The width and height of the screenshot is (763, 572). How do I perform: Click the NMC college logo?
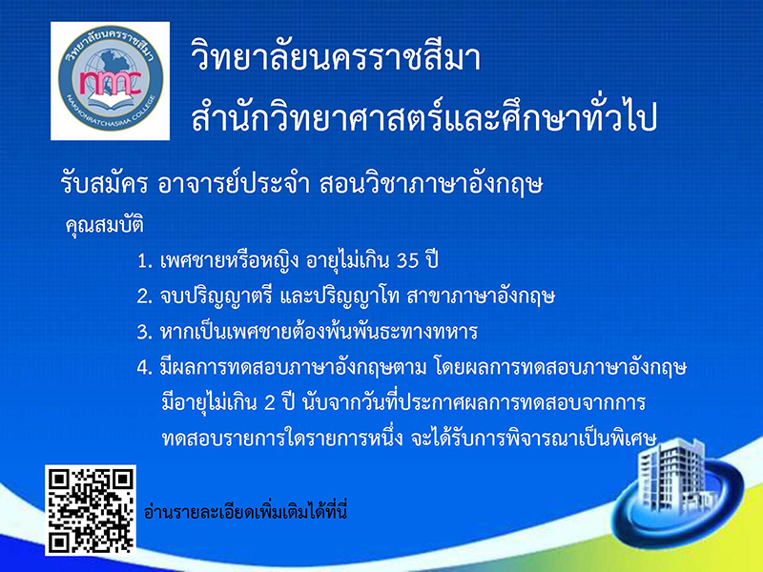tap(111, 81)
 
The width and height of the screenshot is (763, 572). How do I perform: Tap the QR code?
tap(91, 510)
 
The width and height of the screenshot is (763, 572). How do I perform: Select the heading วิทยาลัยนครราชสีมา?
tap(336, 57)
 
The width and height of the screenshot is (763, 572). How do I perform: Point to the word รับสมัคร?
tap(104, 184)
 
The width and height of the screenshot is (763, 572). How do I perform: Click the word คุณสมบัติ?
tap(105, 225)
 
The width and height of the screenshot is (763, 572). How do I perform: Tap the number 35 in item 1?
tap(408, 261)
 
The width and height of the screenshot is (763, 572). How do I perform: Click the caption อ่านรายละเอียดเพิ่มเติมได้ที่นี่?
tap(245, 511)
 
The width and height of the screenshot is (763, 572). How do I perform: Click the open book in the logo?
tap(110, 101)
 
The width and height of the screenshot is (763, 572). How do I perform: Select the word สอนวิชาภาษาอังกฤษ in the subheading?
tap(431, 184)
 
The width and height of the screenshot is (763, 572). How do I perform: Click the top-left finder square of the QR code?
tap(59, 480)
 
